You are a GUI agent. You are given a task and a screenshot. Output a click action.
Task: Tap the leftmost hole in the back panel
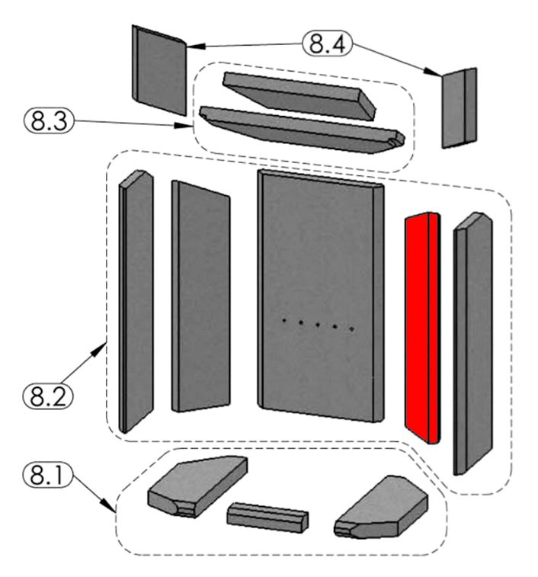[283, 321]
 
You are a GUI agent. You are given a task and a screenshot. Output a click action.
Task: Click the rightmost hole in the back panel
[351, 329]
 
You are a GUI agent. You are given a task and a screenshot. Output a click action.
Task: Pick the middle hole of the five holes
[318, 325]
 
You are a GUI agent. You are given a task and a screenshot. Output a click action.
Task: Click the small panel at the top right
[460, 107]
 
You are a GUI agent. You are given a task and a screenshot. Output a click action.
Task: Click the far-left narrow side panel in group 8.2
[136, 301]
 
